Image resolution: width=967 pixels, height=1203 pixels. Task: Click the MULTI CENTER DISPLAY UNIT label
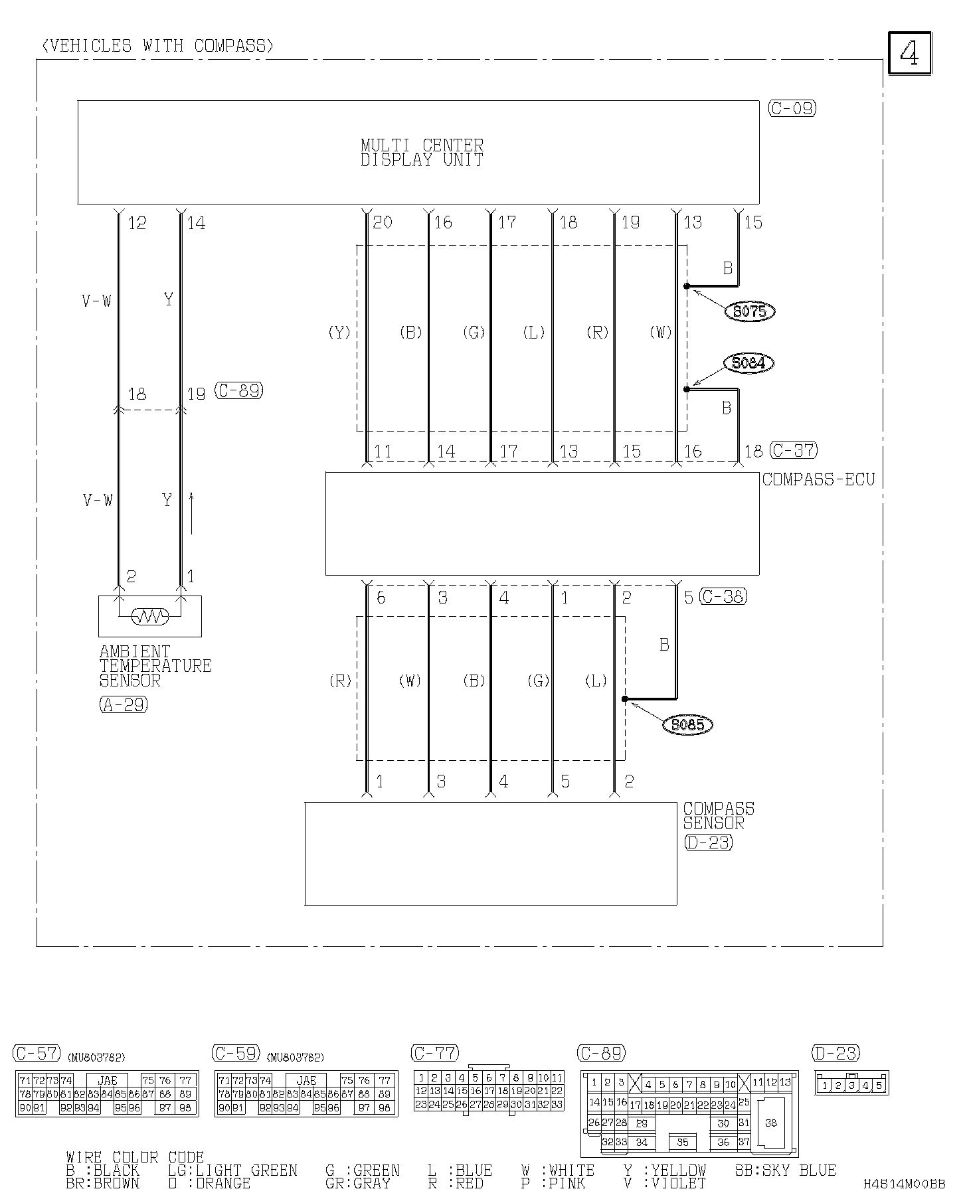point(422,153)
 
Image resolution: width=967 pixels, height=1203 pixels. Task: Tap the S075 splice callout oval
point(750,311)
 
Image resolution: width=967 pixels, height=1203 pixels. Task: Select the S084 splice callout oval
point(748,363)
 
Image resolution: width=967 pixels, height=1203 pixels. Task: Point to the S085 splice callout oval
point(687,724)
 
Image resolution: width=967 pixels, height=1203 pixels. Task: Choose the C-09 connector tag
point(792,108)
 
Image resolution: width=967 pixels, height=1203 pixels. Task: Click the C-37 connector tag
point(794,450)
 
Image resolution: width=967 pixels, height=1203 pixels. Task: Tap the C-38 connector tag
point(723,597)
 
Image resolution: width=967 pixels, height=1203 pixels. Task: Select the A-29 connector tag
point(124,704)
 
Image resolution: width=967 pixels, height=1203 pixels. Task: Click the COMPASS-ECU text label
point(818,479)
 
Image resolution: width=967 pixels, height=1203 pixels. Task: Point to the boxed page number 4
point(909,53)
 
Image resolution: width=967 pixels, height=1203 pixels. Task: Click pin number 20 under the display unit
point(383,222)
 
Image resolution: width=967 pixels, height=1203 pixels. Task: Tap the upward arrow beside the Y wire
point(191,513)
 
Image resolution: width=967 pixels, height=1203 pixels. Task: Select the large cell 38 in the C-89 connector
point(770,1123)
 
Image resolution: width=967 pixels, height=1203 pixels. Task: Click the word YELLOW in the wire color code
point(678,1170)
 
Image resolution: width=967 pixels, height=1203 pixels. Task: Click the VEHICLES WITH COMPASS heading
point(157,46)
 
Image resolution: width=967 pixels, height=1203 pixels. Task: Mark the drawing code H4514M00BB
point(904,1184)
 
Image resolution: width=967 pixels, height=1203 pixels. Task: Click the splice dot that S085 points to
point(625,698)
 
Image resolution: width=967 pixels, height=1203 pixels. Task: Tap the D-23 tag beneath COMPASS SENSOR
point(708,842)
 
